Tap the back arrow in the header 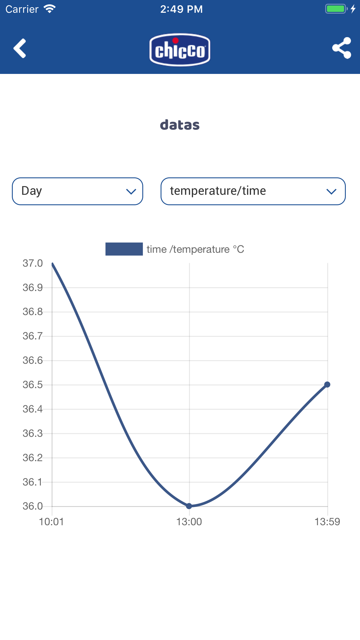click(x=20, y=48)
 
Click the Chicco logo click(x=180, y=50)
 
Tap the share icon click(x=342, y=48)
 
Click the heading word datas click(x=180, y=125)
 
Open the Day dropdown click(x=77, y=191)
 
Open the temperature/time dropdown click(x=253, y=191)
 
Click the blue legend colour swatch click(x=124, y=249)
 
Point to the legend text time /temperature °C click(x=195, y=249)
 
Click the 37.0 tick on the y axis click(x=33, y=263)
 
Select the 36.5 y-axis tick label click(x=33, y=385)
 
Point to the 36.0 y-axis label click(x=33, y=506)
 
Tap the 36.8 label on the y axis click(x=33, y=312)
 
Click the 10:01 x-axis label click(x=51, y=522)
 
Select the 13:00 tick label click(x=189, y=522)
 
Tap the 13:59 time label click(x=327, y=522)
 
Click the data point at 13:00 click(x=189, y=506)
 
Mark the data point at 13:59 click(x=327, y=385)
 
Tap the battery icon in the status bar click(x=336, y=9)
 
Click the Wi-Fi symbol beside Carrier click(x=50, y=9)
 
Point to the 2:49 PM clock click(x=181, y=9)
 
